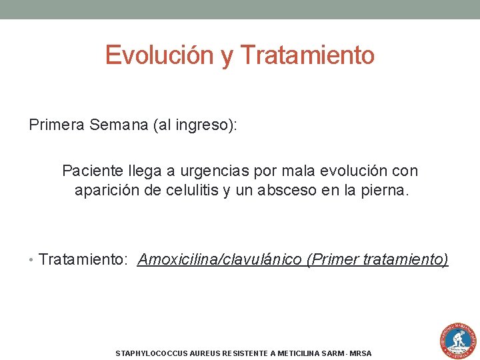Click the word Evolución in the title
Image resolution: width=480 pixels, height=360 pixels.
click(159, 55)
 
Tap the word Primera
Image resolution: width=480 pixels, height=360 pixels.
click(56, 125)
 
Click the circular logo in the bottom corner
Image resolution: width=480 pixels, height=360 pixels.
click(457, 341)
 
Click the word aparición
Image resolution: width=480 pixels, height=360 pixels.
click(105, 190)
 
